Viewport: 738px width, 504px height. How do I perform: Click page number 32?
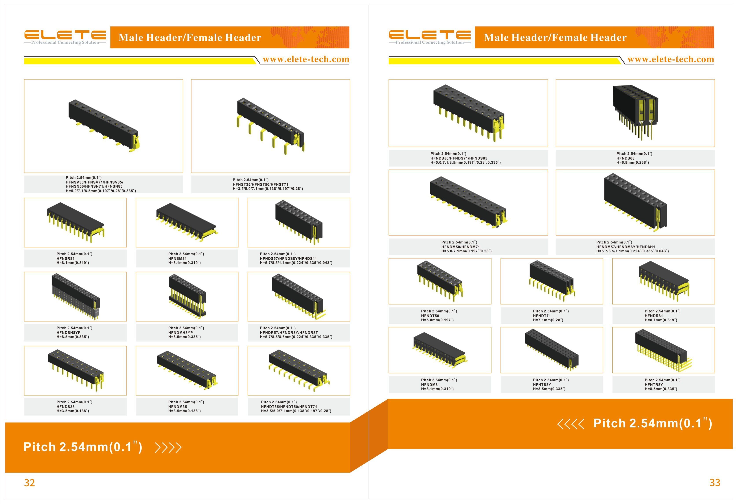[29, 483]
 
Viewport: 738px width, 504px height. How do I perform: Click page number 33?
[715, 483]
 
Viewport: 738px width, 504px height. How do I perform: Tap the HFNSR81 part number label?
[65, 258]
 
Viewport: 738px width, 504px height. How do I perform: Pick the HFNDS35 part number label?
[66, 406]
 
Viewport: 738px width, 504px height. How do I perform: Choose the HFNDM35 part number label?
[178, 406]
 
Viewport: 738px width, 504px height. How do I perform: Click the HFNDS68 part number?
[626, 158]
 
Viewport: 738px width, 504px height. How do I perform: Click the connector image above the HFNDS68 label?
[635, 113]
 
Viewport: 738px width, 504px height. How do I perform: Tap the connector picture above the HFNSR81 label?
[75, 222]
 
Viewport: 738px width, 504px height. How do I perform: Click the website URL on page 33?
[671, 59]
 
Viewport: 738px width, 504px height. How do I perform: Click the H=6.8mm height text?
[633, 162]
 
